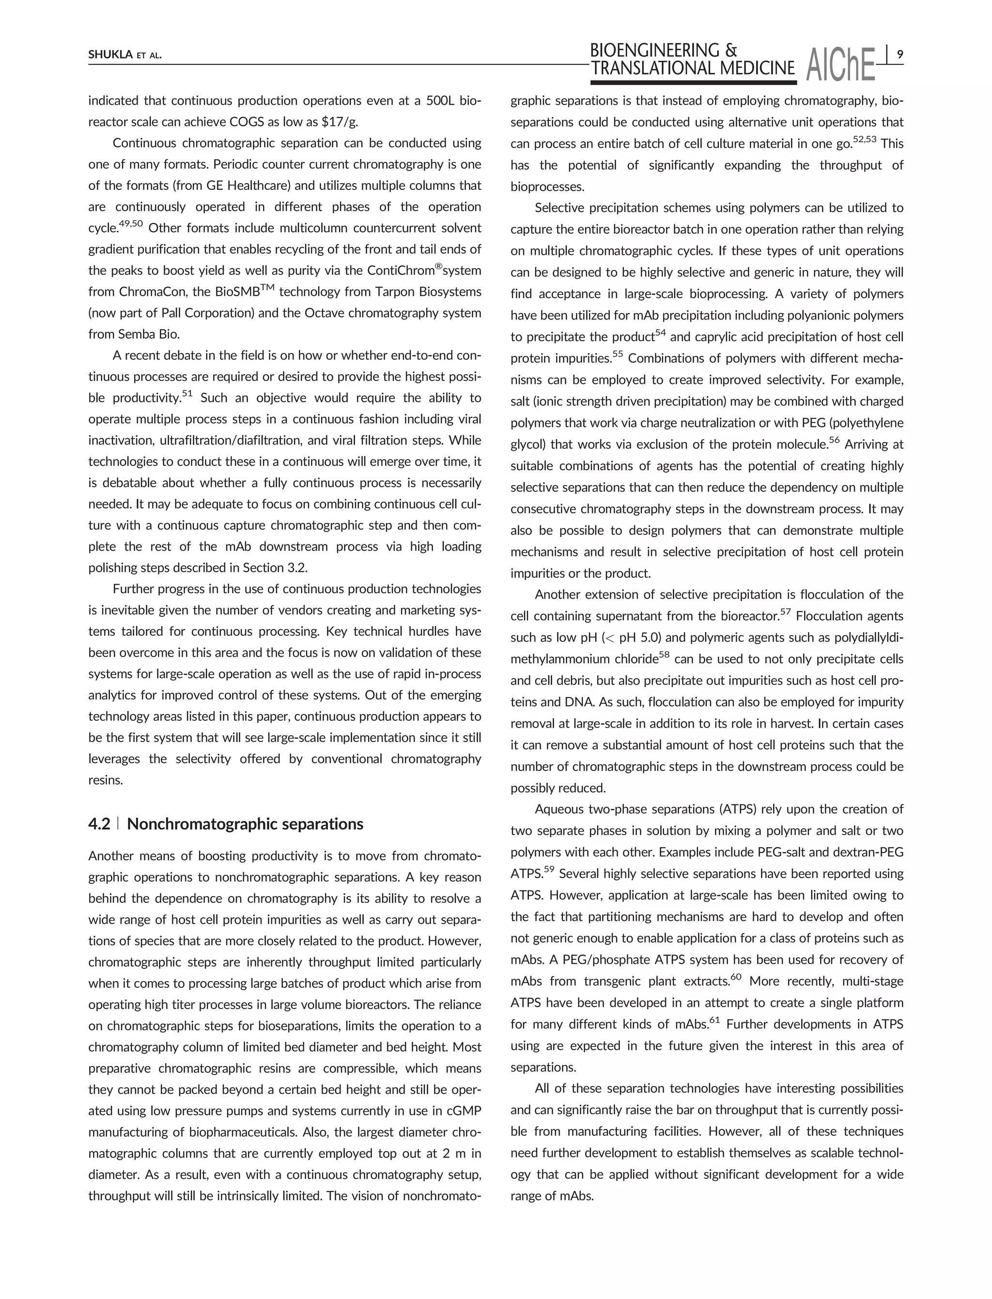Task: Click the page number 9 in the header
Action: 899,55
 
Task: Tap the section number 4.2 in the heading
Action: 99,824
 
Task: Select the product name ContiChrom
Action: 401,270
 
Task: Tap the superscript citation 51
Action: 186,394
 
